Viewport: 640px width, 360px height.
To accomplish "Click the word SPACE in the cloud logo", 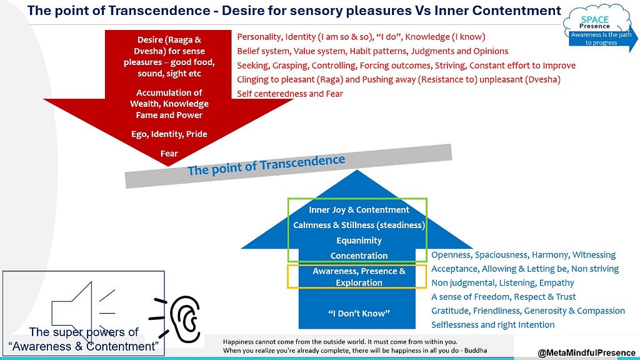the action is point(595,19).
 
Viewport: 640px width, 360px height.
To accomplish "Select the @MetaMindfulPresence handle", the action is point(586,352).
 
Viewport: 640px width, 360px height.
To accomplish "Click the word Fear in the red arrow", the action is point(169,154).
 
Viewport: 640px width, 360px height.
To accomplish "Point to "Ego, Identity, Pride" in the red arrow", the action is point(169,134).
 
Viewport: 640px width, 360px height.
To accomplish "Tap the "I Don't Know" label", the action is point(359,314).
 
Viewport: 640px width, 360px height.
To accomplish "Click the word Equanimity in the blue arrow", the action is point(359,241).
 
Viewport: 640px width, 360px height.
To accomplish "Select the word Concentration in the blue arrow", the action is point(359,256).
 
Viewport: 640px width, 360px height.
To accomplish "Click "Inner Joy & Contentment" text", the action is point(359,210).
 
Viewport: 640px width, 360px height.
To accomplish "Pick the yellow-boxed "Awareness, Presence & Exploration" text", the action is point(359,277).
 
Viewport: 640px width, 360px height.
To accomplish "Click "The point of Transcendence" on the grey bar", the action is point(266,165).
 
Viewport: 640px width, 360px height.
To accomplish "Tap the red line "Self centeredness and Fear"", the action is point(290,94).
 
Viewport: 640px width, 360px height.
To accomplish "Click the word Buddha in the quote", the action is point(476,350).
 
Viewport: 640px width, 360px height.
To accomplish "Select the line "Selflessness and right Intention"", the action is point(492,325).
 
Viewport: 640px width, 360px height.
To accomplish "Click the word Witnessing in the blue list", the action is point(594,255).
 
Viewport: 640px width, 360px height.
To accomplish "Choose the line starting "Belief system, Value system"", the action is point(372,51).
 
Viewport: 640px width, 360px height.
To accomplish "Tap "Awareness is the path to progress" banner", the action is point(601,39).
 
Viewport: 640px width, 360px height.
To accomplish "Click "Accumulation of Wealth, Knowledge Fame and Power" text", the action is point(169,104).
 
